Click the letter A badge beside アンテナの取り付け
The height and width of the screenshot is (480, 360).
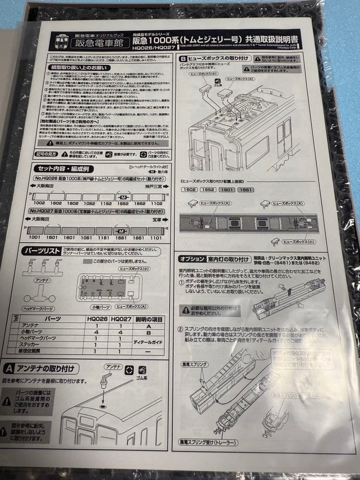point(9,368)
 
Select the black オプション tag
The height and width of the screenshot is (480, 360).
point(192,259)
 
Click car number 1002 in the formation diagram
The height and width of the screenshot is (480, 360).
point(39,203)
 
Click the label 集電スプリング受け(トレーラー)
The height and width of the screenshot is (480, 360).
point(208,443)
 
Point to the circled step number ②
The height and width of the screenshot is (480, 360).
point(181,329)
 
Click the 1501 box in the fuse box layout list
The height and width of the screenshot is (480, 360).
point(227,190)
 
